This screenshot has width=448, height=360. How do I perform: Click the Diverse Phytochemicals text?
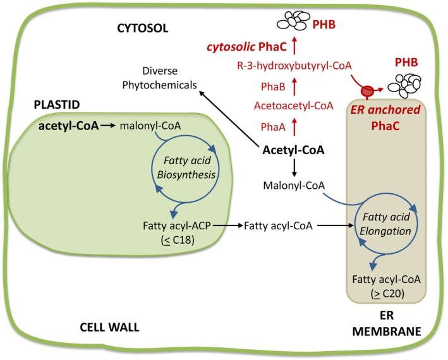point(167,78)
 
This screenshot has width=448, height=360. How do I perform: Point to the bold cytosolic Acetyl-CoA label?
point(294,150)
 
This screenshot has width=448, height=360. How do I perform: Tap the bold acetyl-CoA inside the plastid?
point(68,126)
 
